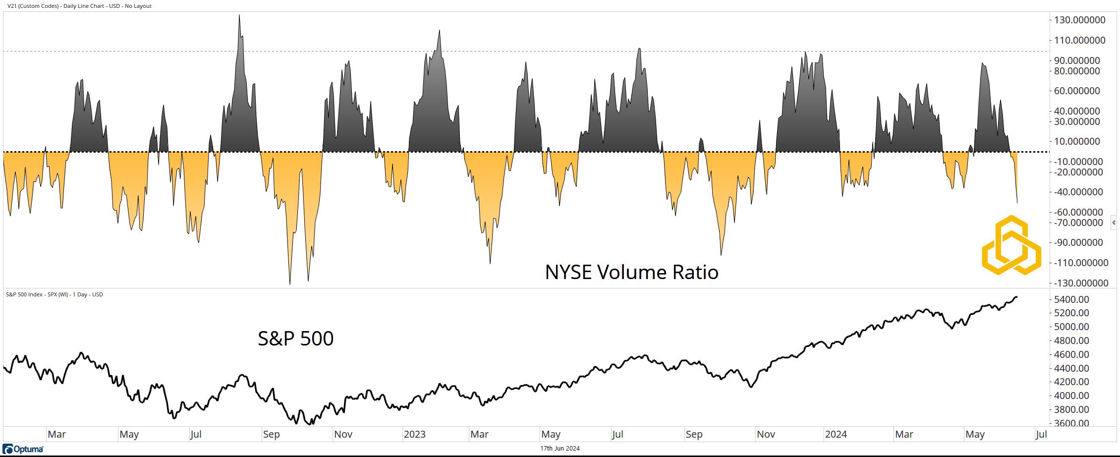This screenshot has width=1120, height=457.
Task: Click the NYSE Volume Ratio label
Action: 631,272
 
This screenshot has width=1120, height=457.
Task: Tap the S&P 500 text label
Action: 295,339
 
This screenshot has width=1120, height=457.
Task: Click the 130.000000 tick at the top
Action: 1079,20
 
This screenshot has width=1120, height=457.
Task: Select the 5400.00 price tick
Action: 1071,299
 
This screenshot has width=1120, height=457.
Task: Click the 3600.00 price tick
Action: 1071,423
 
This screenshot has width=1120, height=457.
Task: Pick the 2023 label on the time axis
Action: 414,434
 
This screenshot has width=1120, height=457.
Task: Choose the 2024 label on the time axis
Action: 836,434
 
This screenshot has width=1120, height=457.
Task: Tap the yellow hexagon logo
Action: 1011,245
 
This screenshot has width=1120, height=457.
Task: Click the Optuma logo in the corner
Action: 23,449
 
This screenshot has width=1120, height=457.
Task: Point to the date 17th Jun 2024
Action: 560,449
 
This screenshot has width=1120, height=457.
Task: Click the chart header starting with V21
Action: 79,6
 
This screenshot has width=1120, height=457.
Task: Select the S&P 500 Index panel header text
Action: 55,294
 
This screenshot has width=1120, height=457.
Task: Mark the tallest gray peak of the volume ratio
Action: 239,15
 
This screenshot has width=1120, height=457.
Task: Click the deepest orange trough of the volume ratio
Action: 290,284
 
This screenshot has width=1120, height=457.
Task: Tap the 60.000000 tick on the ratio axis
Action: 1076,91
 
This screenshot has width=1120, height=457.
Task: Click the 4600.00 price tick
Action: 1071,354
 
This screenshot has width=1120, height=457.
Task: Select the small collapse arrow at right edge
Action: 1114,223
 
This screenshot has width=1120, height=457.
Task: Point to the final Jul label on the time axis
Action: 1041,434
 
